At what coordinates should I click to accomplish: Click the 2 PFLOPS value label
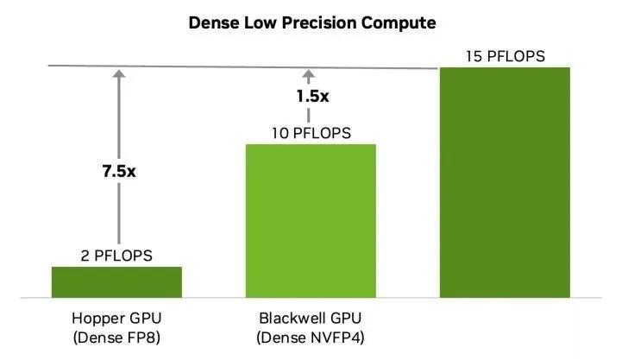pos(117,256)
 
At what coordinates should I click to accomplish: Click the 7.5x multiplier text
pos(117,171)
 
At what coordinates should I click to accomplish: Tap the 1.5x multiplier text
pos(311,97)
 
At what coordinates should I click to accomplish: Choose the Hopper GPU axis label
pos(116,316)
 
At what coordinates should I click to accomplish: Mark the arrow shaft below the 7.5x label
pos(117,216)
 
